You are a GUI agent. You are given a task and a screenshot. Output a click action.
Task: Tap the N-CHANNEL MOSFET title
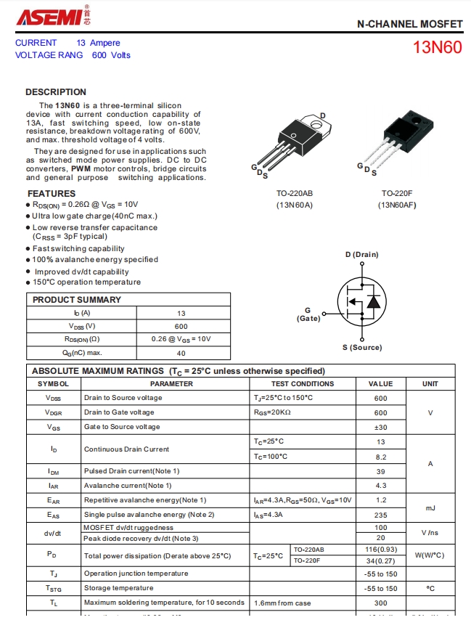pos(409,24)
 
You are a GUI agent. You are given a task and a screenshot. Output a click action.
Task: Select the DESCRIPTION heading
pos(56,92)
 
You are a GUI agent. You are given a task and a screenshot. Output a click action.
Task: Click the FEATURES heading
pos(52,194)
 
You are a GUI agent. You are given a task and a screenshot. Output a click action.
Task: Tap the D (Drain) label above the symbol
pos(361,255)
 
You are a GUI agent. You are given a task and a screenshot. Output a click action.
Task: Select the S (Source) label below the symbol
pos(362,348)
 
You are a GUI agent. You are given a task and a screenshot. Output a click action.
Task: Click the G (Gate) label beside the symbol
pos(308,314)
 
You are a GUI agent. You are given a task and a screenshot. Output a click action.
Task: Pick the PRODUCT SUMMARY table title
pos(77,300)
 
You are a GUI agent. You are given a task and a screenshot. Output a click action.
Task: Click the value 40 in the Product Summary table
pos(181,354)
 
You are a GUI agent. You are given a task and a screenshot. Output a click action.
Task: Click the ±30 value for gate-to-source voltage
pos(380,427)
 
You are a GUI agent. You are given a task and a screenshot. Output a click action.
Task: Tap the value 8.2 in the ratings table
pos(380,457)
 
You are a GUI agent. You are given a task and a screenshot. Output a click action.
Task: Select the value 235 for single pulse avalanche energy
pos(380,515)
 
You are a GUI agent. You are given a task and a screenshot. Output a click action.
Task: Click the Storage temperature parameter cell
pos(119,588)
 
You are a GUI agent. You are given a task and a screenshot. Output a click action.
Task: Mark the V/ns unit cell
pos(430,533)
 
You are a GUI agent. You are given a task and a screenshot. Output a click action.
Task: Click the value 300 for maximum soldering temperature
pos(380,603)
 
